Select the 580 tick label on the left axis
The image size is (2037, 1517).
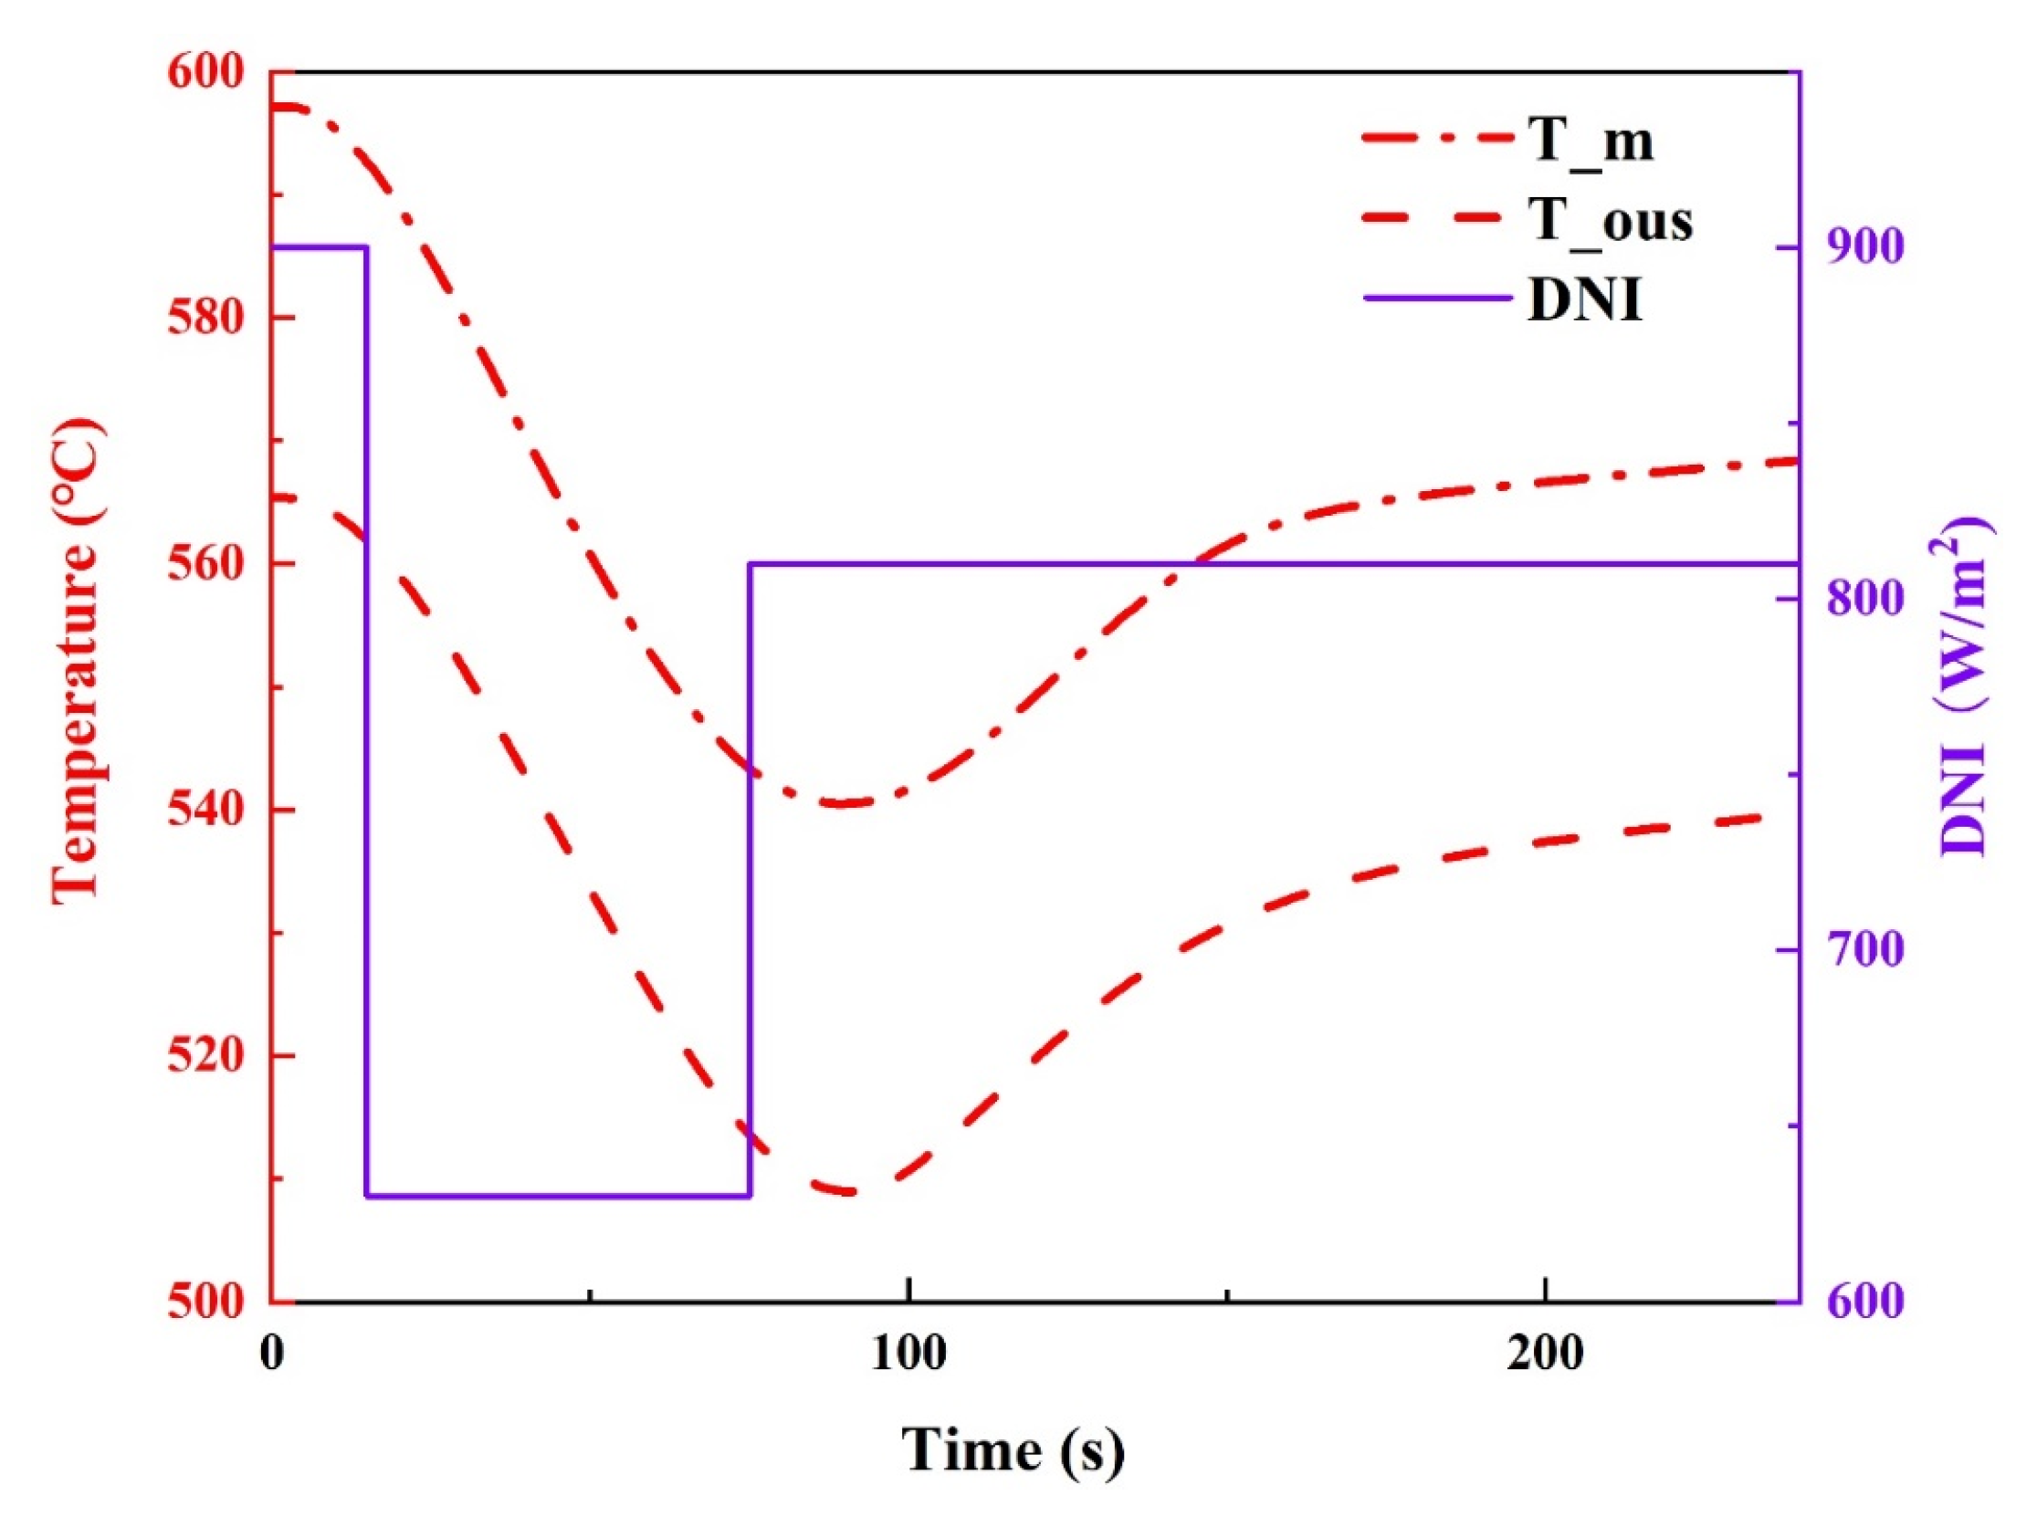[x=206, y=319]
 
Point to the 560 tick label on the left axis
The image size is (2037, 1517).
[x=206, y=564]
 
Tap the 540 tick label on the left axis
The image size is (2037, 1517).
[x=206, y=810]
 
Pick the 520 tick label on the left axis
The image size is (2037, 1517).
[x=206, y=1055]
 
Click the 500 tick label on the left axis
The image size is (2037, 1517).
[x=206, y=1302]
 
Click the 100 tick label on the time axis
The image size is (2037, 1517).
[x=908, y=1355]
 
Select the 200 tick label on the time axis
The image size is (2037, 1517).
[x=1546, y=1355]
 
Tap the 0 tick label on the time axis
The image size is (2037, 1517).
[x=272, y=1355]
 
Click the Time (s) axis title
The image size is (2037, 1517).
[x=1012, y=1451]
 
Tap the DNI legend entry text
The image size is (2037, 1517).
[x=1585, y=299]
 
